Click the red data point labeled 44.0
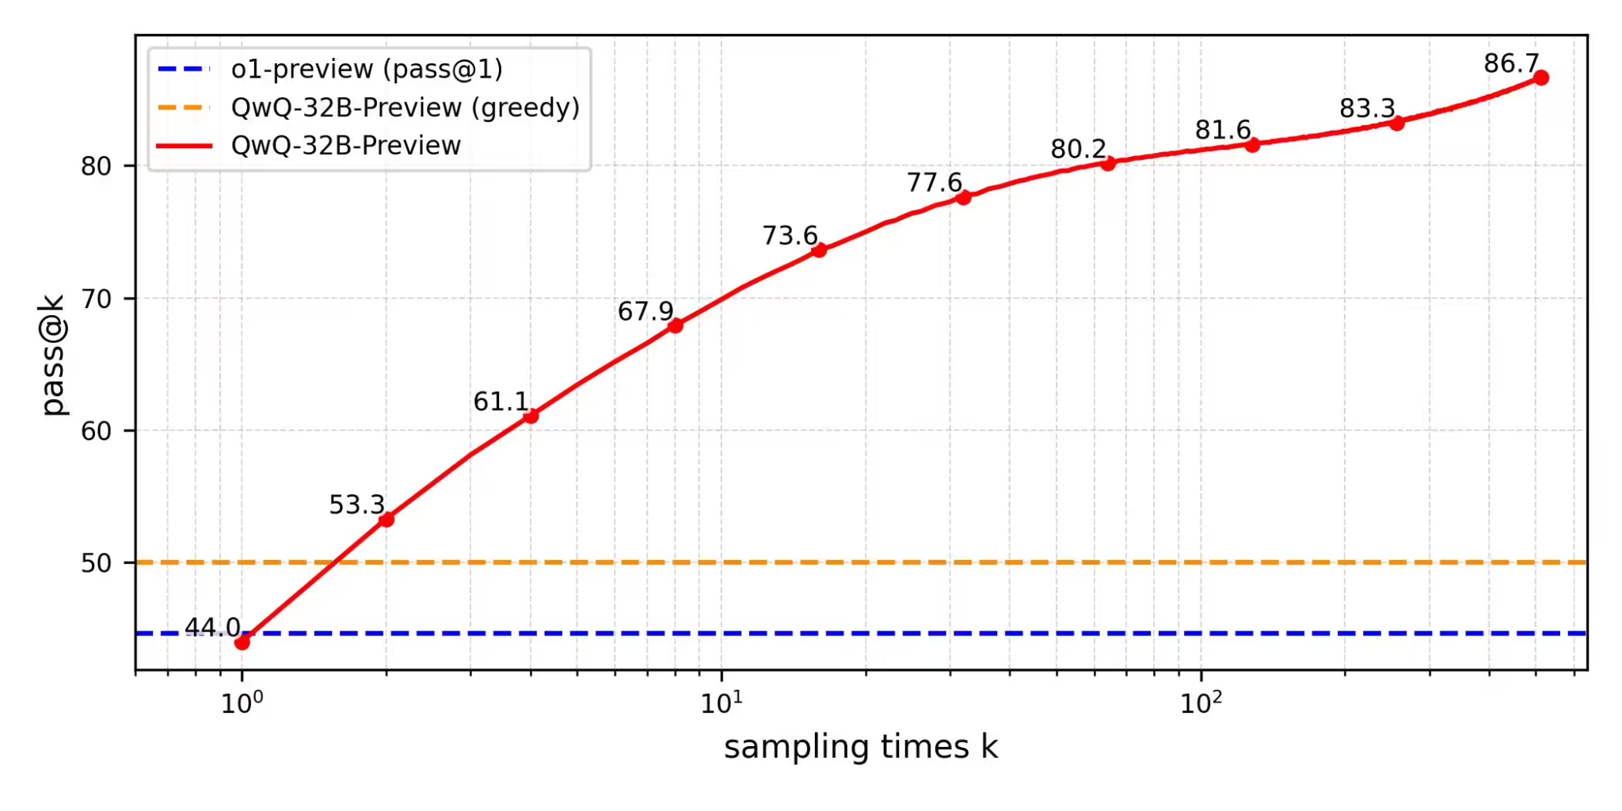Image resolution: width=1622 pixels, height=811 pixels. [242, 642]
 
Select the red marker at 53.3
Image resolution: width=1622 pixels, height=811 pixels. [386, 520]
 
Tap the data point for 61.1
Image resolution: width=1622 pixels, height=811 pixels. [531, 416]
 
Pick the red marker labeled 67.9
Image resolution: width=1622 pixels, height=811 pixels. [676, 326]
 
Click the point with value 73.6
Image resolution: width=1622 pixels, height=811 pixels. [820, 250]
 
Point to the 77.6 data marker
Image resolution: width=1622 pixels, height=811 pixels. [964, 197]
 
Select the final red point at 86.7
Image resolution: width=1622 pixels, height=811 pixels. [1541, 78]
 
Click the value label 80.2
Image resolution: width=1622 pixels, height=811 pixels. [1078, 149]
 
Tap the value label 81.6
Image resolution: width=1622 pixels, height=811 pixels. [1222, 130]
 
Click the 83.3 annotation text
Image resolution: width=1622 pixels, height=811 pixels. [1367, 109]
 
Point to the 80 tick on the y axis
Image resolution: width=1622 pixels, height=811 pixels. [96, 166]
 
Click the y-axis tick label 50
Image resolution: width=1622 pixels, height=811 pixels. [96, 563]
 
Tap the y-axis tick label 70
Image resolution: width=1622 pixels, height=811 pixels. [96, 299]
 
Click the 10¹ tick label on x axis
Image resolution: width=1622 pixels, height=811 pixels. [721, 702]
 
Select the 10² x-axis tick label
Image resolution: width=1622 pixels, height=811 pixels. [1201, 702]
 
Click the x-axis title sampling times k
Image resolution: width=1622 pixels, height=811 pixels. [861, 747]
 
